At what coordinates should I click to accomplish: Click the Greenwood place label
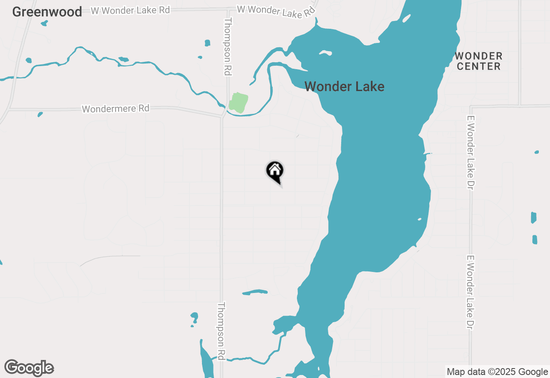[47, 12]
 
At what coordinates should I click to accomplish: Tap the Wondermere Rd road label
[116, 109]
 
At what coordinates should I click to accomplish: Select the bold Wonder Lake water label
[344, 87]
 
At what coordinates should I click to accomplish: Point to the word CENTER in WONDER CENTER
[479, 67]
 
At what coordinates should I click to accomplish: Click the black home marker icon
[275, 171]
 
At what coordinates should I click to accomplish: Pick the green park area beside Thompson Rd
[238, 102]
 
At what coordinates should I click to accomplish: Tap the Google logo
[29, 368]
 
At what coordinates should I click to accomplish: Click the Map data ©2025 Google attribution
[497, 372]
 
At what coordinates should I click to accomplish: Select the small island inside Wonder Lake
[325, 53]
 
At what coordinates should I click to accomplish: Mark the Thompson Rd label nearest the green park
[228, 47]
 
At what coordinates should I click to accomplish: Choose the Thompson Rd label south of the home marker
[221, 331]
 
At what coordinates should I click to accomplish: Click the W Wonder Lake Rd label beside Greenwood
[131, 10]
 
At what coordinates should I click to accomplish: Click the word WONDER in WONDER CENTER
[479, 56]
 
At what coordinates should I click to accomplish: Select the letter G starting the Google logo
[12, 367]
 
